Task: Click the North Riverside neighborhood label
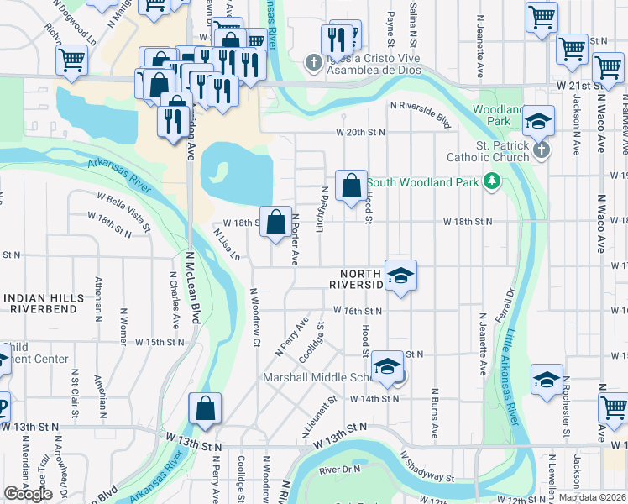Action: pos(361,280)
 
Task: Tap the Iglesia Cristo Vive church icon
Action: pos(313,62)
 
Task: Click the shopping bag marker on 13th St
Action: pos(205,410)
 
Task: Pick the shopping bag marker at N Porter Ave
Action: pos(275,223)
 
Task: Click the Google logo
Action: pos(28,494)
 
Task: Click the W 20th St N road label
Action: pos(360,133)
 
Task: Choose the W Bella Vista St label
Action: pos(123,211)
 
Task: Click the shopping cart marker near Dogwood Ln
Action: pos(72,60)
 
